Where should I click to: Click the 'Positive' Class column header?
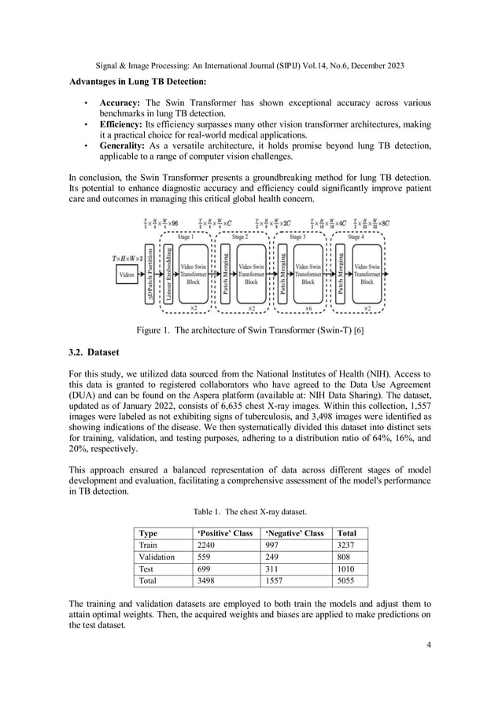point(224,533)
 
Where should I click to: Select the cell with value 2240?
point(206,545)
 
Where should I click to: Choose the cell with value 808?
point(343,557)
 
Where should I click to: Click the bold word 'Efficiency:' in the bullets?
point(122,124)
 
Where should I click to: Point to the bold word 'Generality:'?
point(123,145)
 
